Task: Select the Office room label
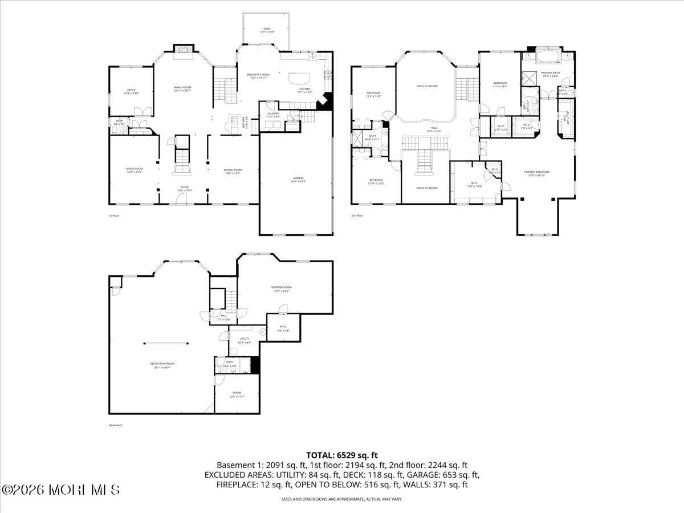coord(132,91)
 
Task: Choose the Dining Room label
coord(233,171)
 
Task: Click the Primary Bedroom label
coord(537,173)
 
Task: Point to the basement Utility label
coord(245,340)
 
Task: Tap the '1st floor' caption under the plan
coord(114,215)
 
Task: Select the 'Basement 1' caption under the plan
coord(116,425)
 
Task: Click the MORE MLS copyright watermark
coord(61,490)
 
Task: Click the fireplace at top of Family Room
coord(183,50)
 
